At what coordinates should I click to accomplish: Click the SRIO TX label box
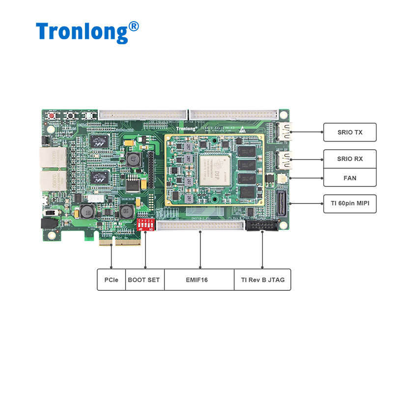pos(350,132)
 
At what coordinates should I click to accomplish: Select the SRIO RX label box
pos(350,159)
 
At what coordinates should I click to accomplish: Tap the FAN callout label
pos(350,177)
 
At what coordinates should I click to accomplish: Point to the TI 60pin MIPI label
pos(350,202)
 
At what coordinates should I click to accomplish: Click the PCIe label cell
pos(111,280)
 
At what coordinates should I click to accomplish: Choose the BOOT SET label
pos(144,280)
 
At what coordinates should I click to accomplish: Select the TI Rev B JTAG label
pos(262,280)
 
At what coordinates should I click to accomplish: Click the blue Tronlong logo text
pos(82,31)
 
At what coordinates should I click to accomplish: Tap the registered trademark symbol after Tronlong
pos(133,26)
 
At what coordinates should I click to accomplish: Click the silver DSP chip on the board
pos(214,165)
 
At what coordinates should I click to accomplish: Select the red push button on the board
pos(51,115)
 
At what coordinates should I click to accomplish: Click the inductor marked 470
pos(132,159)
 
